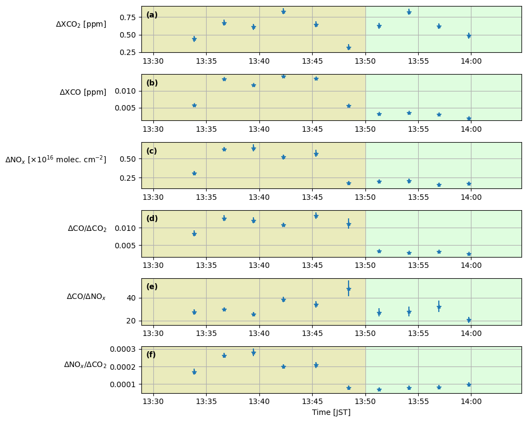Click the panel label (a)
pyautogui.click(x=152, y=15)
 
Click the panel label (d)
pyautogui.click(x=152, y=219)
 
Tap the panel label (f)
pyautogui.click(x=151, y=355)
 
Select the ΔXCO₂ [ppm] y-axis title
pyautogui.click(x=81, y=25)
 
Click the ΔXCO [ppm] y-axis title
pyautogui.click(x=83, y=93)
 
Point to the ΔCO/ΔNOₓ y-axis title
pyautogui.click(x=86, y=297)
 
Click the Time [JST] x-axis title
pyautogui.click(x=331, y=412)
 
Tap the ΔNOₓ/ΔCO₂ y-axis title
pyautogui.click(x=85, y=365)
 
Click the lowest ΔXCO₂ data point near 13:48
pyautogui.click(x=349, y=48)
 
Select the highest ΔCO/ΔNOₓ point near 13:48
pyautogui.click(x=349, y=289)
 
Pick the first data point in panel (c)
pyautogui.click(x=194, y=173)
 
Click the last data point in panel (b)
pyautogui.click(x=469, y=118)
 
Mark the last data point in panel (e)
pyautogui.click(x=469, y=320)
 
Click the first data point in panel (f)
pyautogui.click(x=194, y=372)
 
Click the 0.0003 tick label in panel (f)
pyautogui.click(x=123, y=349)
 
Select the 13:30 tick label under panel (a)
pyautogui.click(x=153, y=62)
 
